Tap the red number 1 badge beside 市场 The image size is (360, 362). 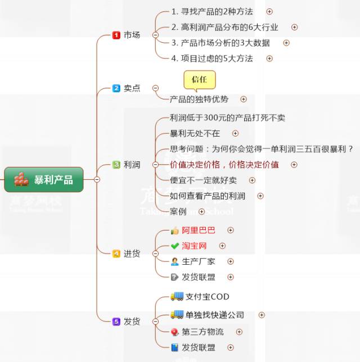116,35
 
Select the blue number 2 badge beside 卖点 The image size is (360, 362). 116,88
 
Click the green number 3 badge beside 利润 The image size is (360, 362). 116,165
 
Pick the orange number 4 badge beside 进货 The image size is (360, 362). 116,254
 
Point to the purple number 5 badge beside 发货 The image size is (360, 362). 116,322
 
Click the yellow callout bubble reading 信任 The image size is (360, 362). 199,79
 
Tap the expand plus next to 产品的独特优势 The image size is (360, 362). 244,99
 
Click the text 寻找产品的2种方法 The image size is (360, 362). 217,11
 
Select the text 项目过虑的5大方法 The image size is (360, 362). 217,58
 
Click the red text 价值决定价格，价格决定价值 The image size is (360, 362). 224,165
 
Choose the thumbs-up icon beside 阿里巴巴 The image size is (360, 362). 174,230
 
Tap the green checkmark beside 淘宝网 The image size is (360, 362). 174,246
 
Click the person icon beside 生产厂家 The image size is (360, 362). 174,261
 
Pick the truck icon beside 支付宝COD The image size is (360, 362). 177,296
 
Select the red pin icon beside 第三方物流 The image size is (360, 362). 174,332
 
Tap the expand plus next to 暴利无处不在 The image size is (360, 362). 235,133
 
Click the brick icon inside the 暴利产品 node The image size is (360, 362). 21,179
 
